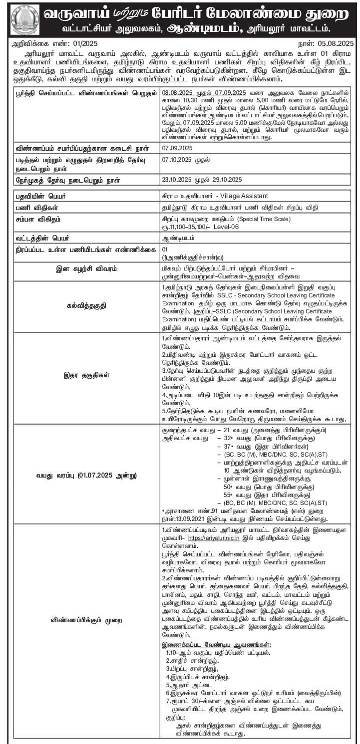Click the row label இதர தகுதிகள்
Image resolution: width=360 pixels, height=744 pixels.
point(86,374)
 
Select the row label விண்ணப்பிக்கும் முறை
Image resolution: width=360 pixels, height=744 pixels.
point(86,620)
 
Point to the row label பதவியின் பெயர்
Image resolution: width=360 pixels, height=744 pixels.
point(39,197)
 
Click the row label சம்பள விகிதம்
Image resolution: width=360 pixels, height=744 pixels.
point(38,219)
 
